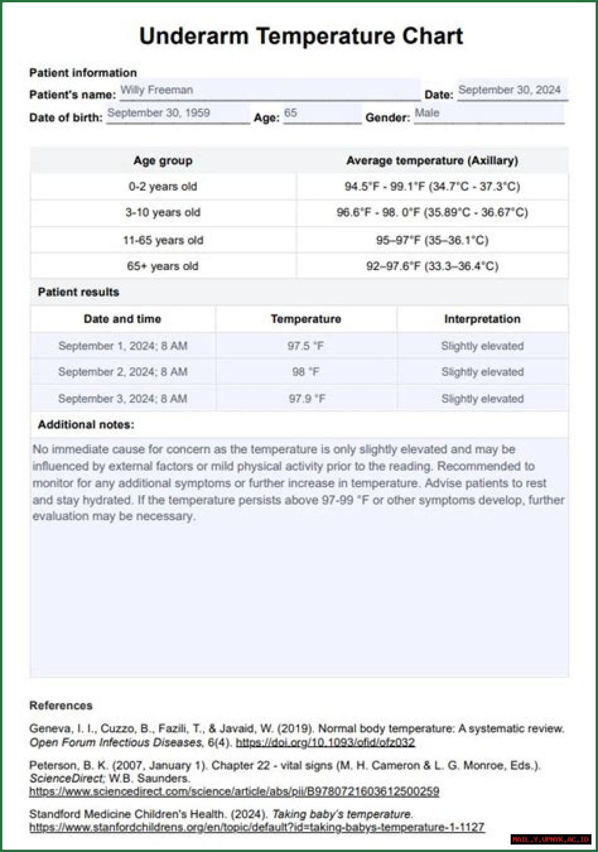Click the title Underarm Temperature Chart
pos(301,36)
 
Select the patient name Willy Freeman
pos(157,90)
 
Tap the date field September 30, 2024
pos(509,90)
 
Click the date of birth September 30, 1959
pos(159,113)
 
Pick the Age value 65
pos(291,113)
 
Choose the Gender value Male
pos(427,113)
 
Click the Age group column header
pos(163,160)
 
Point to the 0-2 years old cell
pos(163,186)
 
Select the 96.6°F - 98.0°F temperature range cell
pos(432,213)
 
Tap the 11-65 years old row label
pos(163,240)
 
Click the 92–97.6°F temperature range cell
pos(432,266)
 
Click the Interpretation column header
pos(482,319)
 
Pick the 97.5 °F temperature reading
pos(306,346)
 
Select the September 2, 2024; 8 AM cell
pos(123,372)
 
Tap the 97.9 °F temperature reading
pos(306,399)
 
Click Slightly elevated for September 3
pos(482,399)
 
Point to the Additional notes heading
pos(86,424)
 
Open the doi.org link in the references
pos(325,742)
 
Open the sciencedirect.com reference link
pos(234,791)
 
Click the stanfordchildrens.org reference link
pos(256,827)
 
